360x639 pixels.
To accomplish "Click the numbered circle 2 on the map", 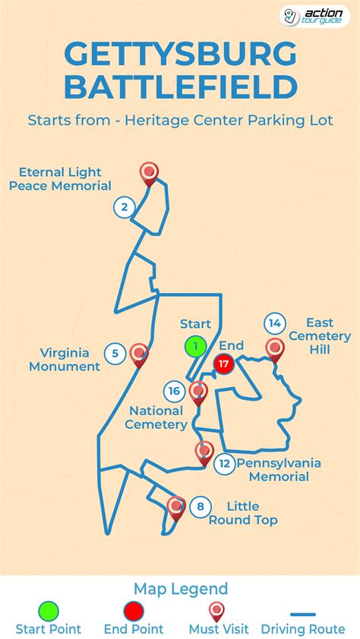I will click(x=125, y=206).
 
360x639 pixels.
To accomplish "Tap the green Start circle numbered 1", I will click(x=195, y=347).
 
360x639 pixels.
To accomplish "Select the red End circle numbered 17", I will click(x=223, y=364).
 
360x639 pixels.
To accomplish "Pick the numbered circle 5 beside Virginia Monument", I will click(x=115, y=353).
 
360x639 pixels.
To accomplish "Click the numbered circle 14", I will click(x=275, y=323).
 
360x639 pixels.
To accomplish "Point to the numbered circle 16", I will click(x=174, y=391).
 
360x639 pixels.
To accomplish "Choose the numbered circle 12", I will click(x=224, y=463).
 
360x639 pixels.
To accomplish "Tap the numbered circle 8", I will click(x=200, y=506).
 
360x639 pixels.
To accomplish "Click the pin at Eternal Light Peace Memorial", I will click(x=150, y=173).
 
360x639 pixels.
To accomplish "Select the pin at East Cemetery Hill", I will click(x=275, y=348).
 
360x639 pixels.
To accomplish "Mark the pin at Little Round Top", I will click(x=176, y=505).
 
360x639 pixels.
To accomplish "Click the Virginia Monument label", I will click(x=65, y=360).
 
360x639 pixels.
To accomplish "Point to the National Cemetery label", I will click(x=156, y=417).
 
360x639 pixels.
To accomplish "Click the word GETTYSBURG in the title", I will click(x=180, y=55).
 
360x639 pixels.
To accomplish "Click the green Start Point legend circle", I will click(x=48, y=610).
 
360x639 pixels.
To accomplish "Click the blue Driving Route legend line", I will click(x=303, y=614).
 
